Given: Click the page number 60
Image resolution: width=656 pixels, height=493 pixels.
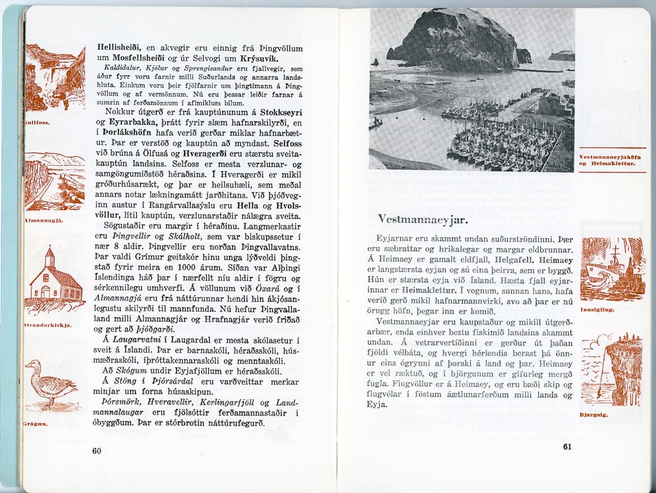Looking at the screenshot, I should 97,451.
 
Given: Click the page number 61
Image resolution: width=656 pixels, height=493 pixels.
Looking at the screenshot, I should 567,447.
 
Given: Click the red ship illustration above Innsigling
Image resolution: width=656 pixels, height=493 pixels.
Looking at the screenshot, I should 611,269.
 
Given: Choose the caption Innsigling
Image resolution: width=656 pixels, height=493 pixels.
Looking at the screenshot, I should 596,309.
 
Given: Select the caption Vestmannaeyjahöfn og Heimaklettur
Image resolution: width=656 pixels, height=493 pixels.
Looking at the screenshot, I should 611,160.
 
